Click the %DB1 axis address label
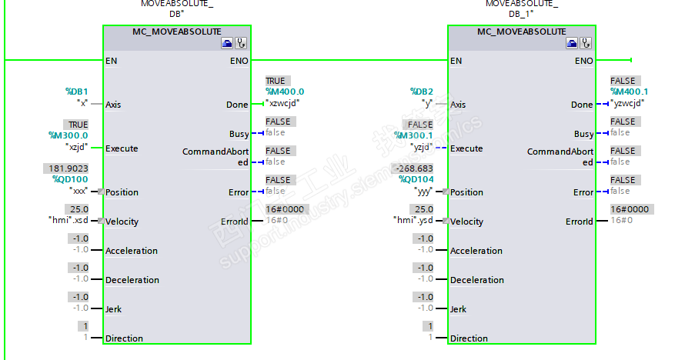[x=77, y=92]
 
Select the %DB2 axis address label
[x=422, y=92]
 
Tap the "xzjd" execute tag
[x=78, y=147]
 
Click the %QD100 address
[x=71, y=180]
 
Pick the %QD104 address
[x=416, y=180]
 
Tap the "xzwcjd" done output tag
[x=282, y=102]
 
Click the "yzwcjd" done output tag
[x=627, y=102]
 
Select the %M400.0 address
[x=285, y=92]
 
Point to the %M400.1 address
[x=630, y=92]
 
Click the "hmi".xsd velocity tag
[x=70, y=222]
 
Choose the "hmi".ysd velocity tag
[x=416, y=222]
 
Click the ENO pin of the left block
[x=239, y=60]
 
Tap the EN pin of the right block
[x=456, y=60]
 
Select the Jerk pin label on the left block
[x=113, y=309]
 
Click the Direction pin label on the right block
[x=469, y=338]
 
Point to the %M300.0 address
[x=68, y=135]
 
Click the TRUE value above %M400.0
[x=275, y=81]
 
